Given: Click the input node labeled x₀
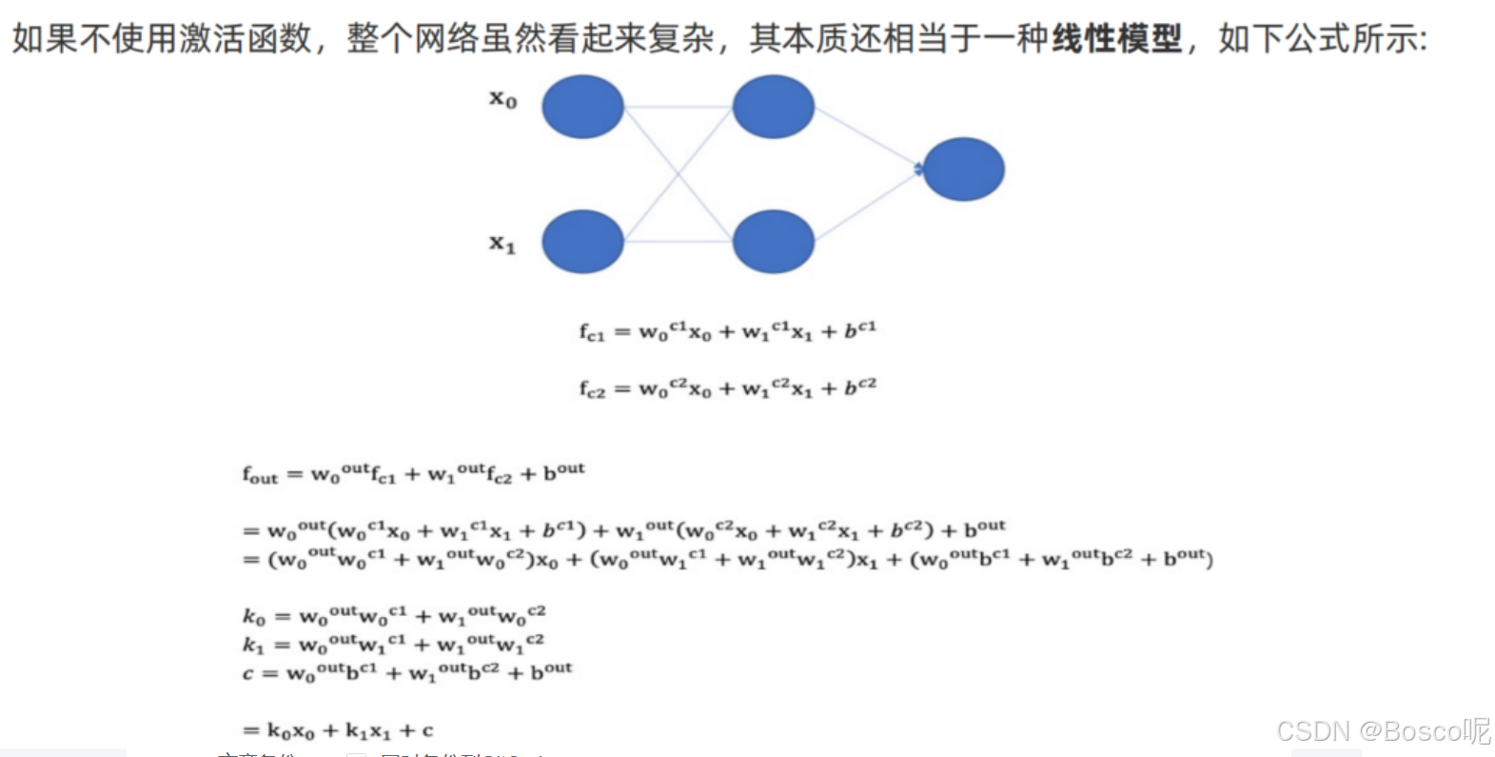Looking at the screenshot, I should [x=582, y=107].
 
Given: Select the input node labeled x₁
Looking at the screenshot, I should [x=582, y=242].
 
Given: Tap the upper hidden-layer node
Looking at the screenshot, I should [x=773, y=107].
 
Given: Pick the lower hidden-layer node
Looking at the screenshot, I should [x=773, y=242].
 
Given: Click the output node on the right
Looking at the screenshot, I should [x=963, y=169].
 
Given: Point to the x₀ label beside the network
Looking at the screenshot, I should [x=503, y=99].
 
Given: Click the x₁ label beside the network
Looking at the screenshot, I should [x=502, y=245].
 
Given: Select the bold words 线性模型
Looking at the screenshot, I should [x=1116, y=39].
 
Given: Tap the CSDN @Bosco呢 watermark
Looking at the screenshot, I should [x=1383, y=731].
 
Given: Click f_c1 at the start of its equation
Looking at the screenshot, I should [x=592, y=332].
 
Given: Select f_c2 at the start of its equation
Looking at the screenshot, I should [x=592, y=389].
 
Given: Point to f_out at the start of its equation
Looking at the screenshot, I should [x=260, y=474].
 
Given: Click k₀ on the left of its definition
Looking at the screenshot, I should [x=254, y=617].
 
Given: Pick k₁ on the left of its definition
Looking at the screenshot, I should [x=253, y=646].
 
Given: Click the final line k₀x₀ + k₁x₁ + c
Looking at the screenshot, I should [x=338, y=731].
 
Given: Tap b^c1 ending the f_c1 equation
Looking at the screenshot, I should [x=860, y=329].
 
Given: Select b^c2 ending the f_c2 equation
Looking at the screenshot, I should [x=860, y=387].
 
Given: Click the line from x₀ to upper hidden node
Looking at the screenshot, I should [x=678, y=107].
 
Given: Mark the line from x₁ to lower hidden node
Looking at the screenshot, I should [x=678, y=242].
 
